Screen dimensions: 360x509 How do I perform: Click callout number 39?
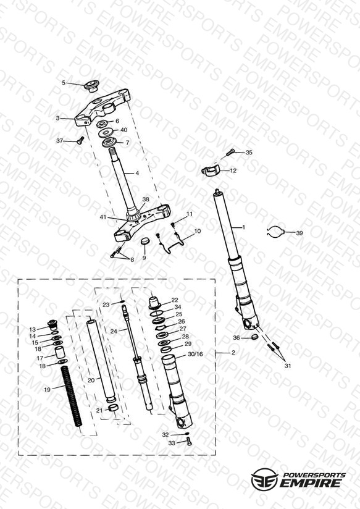click(x=299, y=233)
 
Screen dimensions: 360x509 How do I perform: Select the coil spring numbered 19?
click(x=72, y=396)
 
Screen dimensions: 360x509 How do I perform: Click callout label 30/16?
click(x=195, y=354)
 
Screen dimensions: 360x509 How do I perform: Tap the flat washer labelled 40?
click(x=106, y=132)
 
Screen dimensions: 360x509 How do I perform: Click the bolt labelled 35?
click(x=230, y=151)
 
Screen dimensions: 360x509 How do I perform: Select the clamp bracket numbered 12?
click(x=211, y=170)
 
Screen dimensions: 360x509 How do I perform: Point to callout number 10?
click(x=198, y=231)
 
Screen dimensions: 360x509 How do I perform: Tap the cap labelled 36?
click(x=255, y=337)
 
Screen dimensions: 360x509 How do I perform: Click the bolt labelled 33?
click(x=189, y=441)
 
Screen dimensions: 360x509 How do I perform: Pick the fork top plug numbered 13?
click(x=52, y=324)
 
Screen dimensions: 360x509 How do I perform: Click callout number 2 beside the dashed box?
click(x=233, y=353)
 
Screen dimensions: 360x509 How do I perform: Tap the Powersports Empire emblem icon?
click(x=265, y=479)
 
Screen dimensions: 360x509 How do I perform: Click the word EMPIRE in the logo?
click(x=311, y=482)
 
